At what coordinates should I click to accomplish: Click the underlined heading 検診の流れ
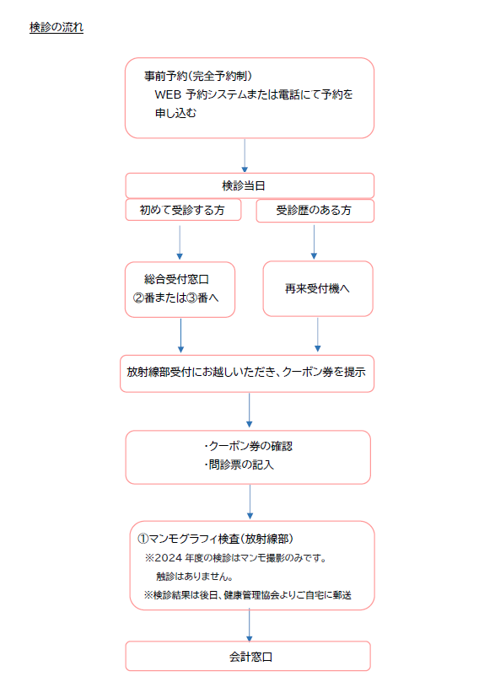tap(56, 27)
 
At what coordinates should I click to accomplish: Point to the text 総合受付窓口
tap(177, 279)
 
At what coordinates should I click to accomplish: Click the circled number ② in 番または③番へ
tap(138, 298)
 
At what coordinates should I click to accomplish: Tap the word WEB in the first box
tap(168, 94)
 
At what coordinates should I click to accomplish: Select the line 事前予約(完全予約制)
tap(198, 76)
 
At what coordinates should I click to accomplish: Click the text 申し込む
tap(175, 113)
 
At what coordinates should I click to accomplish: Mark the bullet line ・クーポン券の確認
tap(249, 446)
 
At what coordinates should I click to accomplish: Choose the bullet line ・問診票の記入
tap(239, 464)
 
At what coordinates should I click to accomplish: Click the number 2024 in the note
tap(169, 558)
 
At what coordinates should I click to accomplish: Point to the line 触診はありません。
tap(195, 577)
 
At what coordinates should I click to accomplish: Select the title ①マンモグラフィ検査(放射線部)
tap(215, 539)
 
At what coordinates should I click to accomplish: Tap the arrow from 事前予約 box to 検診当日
tap(245, 155)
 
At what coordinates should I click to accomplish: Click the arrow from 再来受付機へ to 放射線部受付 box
tap(317, 335)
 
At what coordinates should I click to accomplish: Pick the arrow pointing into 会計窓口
tap(250, 626)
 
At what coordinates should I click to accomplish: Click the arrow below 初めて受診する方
tap(180, 242)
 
